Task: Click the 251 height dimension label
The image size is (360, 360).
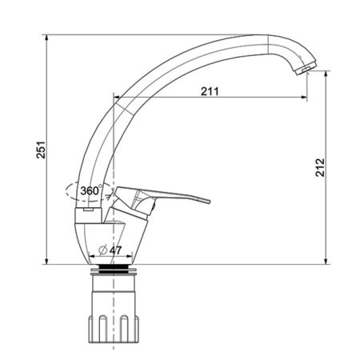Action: (x=41, y=150)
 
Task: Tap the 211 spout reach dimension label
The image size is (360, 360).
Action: (x=210, y=91)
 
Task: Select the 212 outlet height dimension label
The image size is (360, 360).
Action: (x=320, y=167)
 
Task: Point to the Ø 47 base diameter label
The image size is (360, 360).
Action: (x=110, y=250)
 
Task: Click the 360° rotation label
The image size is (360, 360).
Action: (x=91, y=190)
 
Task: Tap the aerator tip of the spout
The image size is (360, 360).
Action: (x=306, y=68)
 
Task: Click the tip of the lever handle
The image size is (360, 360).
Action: (x=209, y=201)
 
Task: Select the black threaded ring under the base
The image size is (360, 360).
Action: (x=114, y=268)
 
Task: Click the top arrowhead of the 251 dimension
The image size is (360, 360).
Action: (x=47, y=38)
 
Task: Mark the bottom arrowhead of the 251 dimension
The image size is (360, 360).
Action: (x=47, y=262)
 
